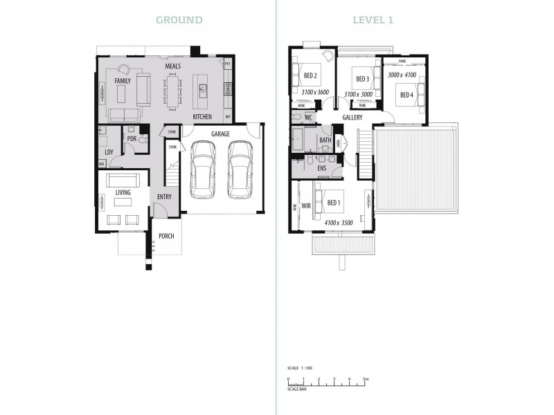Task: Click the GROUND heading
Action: [x=179, y=20]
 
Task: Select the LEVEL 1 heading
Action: [x=373, y=20]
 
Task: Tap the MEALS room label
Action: [x=172, y=66]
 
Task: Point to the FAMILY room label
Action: [x=123, y=81]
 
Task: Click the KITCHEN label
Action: [x=202, y=116]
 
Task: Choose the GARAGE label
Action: [x=220, y=134]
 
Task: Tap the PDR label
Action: [x=132, y=138]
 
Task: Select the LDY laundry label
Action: [x=109, y=152]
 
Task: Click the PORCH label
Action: [x=166, y=236]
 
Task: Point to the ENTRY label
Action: [x=164, y=197]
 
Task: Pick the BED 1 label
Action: [x=334, y=203]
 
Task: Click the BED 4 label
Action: [x=406, y=94]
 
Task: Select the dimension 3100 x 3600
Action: [x=316, y=92]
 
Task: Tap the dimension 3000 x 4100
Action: [x=402, y=75]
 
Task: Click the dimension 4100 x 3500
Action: [x=339, y=223]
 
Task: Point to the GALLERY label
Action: [x=352, y=118]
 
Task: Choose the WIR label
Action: [x=305, y=205]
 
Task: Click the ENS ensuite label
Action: [x=321, y=168]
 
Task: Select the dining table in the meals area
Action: [x=172, y=92]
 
